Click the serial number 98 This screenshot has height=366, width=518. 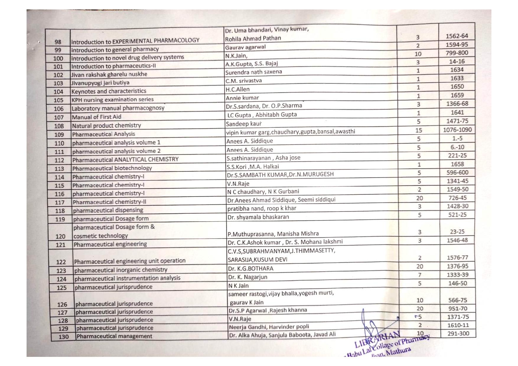(x=58, y=42)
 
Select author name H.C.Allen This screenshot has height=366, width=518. (x=237, y=89)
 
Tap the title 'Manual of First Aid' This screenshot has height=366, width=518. (x=97, y=117)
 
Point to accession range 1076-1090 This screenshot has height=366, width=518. (x=457, y=130)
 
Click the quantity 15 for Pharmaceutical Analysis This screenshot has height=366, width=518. (x=418, y=130)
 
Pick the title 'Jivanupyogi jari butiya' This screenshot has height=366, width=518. (x=100, y=83)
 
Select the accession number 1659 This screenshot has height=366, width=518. (x=457, y=95)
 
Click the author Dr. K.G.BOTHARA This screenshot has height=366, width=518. (x=251, y=269)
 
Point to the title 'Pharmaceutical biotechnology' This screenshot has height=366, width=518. (x=112, y=168)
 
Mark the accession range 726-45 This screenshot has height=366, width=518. (x=457, y=198)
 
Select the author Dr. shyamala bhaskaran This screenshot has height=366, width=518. (x=258, y=217)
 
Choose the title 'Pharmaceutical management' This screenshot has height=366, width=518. (x=114, y=336)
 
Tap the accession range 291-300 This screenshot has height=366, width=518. (x=458, y=334)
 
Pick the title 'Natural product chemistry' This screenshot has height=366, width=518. (x=107, y=125)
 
